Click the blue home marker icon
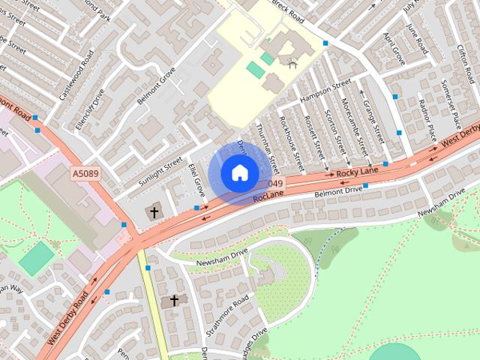click(x=239, y=172)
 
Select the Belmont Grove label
click(x=157, y=86)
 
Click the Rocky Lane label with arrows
click(x=355, y=173)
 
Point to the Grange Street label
click(x=370, y=116)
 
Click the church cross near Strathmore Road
click(x=174, y=301)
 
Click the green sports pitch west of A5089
click(x=36, y=258)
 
